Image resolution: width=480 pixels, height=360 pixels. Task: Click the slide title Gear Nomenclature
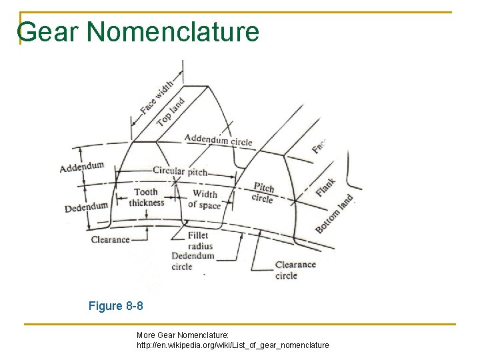pos(139,31)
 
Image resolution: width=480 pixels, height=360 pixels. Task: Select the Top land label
pos(171,112)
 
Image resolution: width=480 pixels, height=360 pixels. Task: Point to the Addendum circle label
pos(219,140)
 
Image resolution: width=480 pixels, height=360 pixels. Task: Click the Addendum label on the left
pos(82,166)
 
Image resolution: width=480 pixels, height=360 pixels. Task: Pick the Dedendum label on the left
pos(86,207)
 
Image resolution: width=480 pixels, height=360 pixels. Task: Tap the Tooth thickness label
pos(147,198)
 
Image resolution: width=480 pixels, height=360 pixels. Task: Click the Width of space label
pos(204,200)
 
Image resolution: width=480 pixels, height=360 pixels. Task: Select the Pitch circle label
pos(264,192)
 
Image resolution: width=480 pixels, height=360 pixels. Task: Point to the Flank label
pos(326,187)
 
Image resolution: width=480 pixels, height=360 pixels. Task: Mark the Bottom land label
pos(334,214)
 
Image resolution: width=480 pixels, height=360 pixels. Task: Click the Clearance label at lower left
pos(110,239)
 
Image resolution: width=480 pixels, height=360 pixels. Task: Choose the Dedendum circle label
pos(193,261)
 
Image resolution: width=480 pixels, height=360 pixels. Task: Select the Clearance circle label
pos(295,270)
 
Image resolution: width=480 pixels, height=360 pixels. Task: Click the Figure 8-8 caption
pos(115,307)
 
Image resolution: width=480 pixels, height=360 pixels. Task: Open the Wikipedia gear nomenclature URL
pos(233,345)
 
